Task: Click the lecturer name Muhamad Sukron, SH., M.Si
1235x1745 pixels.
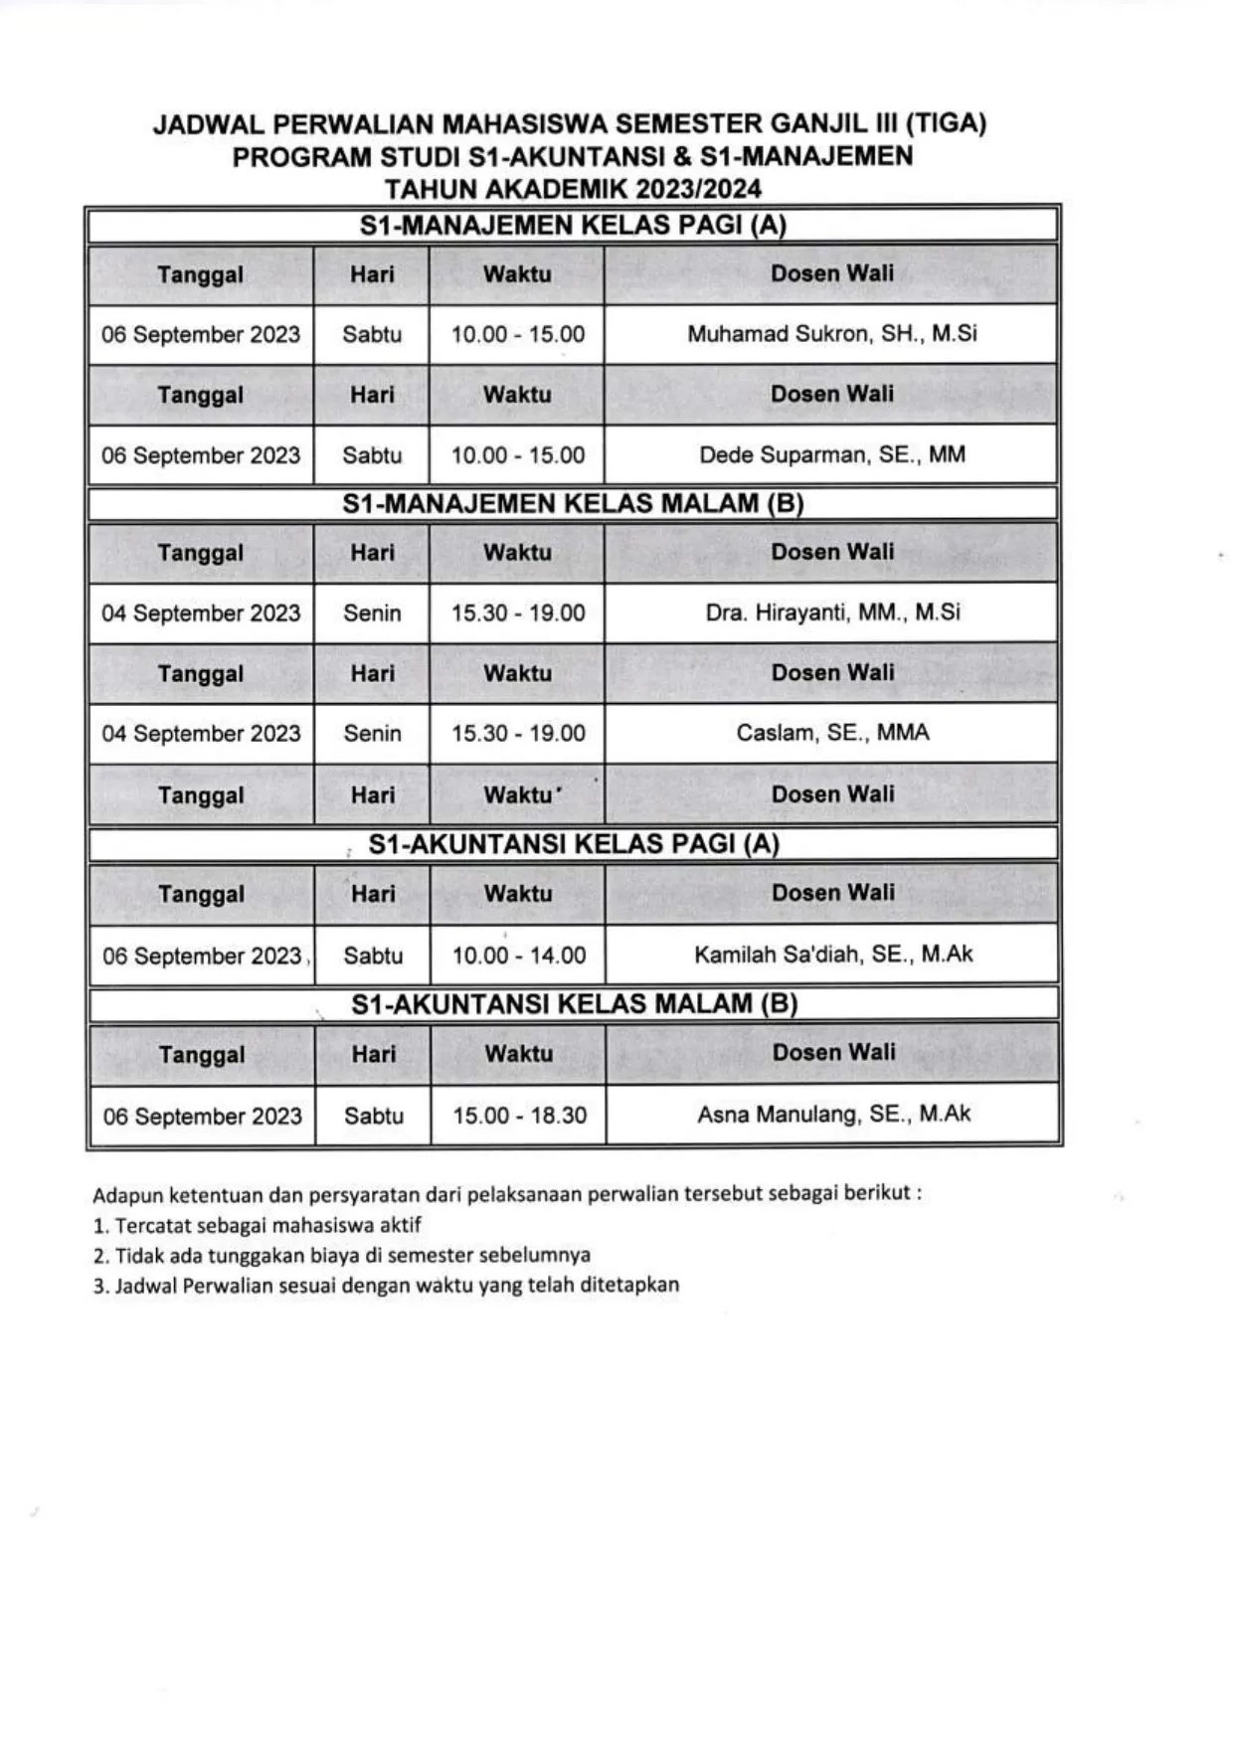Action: (x=831, y=334)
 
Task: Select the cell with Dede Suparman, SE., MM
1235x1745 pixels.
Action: (x=831, y=455)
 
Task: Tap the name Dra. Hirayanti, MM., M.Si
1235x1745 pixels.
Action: (x=832, y=612)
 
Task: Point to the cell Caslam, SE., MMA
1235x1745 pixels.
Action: (x=832, y=733)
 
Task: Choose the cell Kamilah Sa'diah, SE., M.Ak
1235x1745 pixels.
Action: (x=833, y=955)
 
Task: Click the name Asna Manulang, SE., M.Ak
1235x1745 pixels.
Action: (x=833, y=1115)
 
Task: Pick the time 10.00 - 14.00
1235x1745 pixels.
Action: (x=519, y=956)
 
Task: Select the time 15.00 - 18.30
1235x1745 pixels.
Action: (x=519, y=1116)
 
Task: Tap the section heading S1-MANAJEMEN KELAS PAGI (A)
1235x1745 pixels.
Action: (x=573, y=226)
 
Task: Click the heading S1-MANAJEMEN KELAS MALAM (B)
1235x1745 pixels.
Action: (x=573, y=503)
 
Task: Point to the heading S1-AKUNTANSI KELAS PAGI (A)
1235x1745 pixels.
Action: (x=574, y=844)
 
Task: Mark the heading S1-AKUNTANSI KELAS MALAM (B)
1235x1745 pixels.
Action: (x=574, y=1004)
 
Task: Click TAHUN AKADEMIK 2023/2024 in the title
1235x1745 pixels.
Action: (x=573, y=189)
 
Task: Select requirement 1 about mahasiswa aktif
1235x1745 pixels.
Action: (x=258, y=1225)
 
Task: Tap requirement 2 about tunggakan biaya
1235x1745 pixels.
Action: (x=342, y=1255)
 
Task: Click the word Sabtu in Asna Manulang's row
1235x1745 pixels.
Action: (x=374, y=1116)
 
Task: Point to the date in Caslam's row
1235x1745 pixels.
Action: (x=201, y=734)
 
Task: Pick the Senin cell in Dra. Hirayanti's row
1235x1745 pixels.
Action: (x=372, y=613)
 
